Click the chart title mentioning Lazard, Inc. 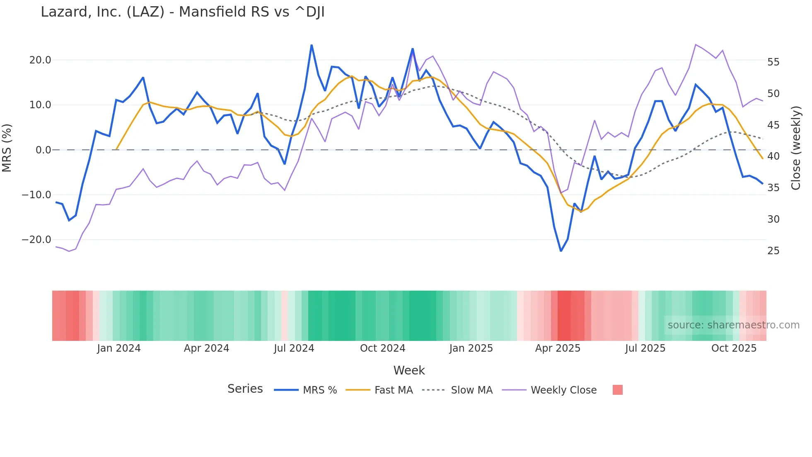182,12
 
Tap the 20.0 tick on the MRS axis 40,60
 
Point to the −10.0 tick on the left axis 36,194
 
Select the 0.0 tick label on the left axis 43,150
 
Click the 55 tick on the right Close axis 773,62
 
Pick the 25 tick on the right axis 773,250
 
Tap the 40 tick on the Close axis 773,156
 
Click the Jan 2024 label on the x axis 119,348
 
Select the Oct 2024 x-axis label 382,348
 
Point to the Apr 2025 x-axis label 558,348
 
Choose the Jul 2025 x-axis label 645,348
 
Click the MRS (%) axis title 7,148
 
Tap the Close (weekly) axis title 795,148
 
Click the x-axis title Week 409,370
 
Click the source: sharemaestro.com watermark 733,325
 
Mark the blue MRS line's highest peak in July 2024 312,45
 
